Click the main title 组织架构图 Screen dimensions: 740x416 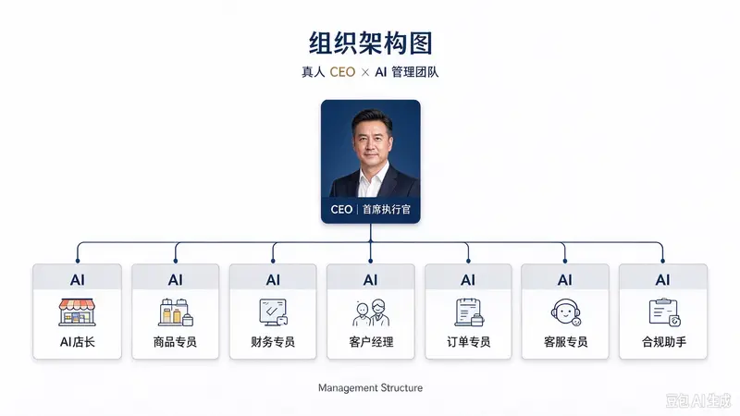coord(371,43)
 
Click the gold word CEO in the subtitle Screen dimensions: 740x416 coord(342,72)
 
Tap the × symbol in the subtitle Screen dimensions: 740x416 coord(364,73)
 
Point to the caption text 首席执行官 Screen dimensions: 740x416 coord(387,210)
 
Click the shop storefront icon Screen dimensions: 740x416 coord(77,312)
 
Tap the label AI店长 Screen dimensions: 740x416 coord(78,342)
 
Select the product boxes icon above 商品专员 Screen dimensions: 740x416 coord(176,312)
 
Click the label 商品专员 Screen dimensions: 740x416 coord(175,342)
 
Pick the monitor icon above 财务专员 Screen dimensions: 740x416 coord(273,312)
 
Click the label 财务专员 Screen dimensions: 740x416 coord(273,342)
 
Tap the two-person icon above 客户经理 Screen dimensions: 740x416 coord(371,312)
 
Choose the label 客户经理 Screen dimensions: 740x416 coord(371,342)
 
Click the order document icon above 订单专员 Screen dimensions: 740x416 coord(469,312)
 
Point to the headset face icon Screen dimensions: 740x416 coord(566,312)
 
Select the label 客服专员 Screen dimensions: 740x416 coord(565,342)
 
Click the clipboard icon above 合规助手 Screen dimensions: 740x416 coord(664,312)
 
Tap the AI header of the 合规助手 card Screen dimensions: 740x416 coord(662,280)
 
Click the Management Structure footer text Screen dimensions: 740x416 coord(371,388)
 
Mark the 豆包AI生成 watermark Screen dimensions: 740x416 coord(698,401)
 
